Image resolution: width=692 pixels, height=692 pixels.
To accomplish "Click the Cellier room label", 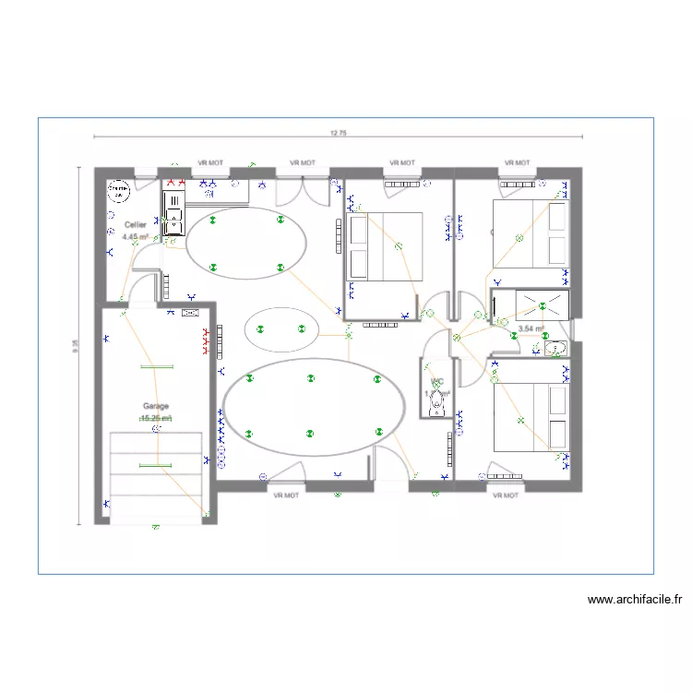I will pos(135,224).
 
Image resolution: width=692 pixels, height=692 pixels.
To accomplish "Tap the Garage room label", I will pos(155,406).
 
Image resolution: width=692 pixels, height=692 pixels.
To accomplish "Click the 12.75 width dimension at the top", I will pos(337,133).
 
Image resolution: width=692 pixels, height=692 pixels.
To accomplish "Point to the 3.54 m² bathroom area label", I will pos(531,328).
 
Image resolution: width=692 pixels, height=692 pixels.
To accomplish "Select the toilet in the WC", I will pos(436,400).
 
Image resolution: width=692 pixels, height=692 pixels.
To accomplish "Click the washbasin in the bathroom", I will pos(556,349).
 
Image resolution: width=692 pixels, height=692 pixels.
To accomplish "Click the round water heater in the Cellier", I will pos(118,193).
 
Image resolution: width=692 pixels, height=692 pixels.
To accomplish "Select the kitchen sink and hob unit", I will pos(173,210).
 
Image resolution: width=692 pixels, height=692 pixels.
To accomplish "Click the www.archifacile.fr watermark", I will pos(635,600).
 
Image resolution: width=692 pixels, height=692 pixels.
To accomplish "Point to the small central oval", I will pos(280,328).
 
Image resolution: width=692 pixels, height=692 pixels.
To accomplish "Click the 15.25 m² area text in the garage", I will pos(155,418).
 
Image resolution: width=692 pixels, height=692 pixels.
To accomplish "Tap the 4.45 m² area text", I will pos(135,236).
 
